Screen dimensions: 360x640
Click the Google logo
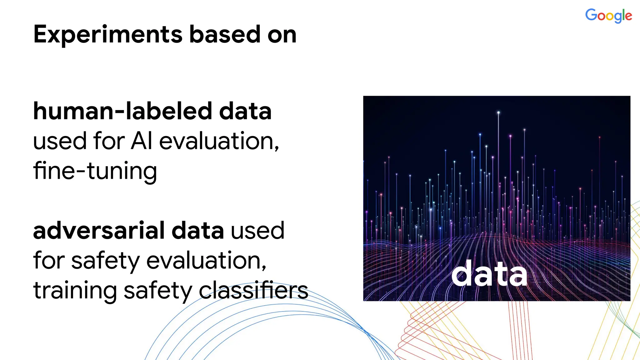tap(608, 15)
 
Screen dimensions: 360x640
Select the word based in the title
tap(225, 34)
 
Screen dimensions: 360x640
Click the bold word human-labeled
tap(122, 111)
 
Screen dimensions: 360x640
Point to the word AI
tap(142, 141)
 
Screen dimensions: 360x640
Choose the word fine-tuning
tap(95, 171)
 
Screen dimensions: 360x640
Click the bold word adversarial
tap(99, 231)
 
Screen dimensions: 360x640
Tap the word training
tap(75, 291)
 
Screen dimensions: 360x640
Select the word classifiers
tap(253, 290)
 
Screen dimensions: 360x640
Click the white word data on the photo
tap(489, 274)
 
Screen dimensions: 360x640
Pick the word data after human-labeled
tap(245, 111)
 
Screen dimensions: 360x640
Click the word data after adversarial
tap(197, 231)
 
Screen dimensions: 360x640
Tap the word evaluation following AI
tap(219, 141)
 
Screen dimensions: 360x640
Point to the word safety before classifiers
tap(158, 291)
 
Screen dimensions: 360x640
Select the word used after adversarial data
tap(257, 231)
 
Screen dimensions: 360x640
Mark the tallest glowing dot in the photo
tap(498, 112)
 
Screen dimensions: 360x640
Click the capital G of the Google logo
tap(591, 15)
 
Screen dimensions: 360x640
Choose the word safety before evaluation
tap(105, 261)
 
